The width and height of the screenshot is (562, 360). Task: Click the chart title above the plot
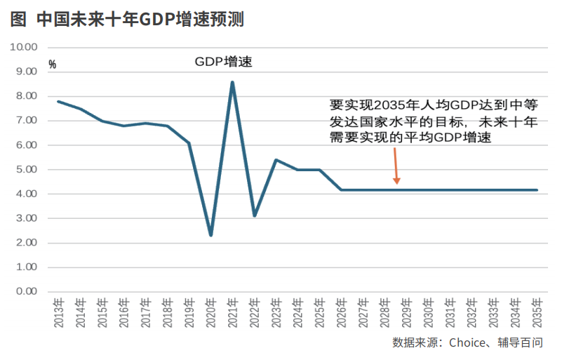pyautogui.click(x=127, y=20)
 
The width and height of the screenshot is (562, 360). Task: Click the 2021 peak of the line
pyautogui.click(x=232, y=82)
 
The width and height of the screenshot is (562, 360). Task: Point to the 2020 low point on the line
pyautogui.click(x=210, y=235)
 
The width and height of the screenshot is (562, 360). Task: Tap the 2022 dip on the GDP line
pyautogui.click(x=254, y=215)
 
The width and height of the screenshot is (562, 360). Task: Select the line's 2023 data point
pyautogui.click(x=276, y=160)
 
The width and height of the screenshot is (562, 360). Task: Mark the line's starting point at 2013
pyautogui.click(x=58, y=102)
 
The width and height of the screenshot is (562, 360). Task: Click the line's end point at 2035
pyautogui.click(x=537, y=189)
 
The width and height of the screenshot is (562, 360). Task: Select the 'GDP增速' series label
pyautogui.click(x=223, y=62)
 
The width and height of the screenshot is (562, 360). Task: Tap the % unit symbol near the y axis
pyautogui.click(x=52, y=64)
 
